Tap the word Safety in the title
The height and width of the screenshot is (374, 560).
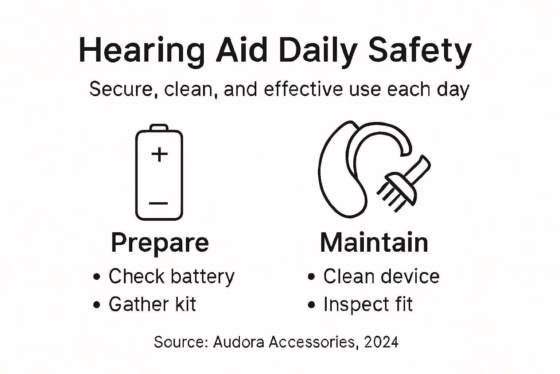click(420, 50)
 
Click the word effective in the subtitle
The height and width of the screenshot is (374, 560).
click(303, 89)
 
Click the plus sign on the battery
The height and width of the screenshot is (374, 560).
click(159, 154)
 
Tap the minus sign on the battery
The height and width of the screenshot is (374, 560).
click(159, 203)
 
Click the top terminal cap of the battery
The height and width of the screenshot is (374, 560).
click(159, 127)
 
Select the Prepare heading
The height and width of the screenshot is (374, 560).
click(160, 243)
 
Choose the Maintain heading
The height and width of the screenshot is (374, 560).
click(374, 243)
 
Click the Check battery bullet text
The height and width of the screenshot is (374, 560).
click(171, 276)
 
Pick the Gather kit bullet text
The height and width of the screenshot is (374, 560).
click(152, 304)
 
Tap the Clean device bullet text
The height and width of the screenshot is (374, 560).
click(381, 276)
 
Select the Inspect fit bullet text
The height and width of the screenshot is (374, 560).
click(368, 304)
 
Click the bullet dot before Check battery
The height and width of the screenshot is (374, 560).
click(97, 277)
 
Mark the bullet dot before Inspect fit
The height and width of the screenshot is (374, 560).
click(311, 305)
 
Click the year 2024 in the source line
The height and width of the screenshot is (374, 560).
click(381, 342)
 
